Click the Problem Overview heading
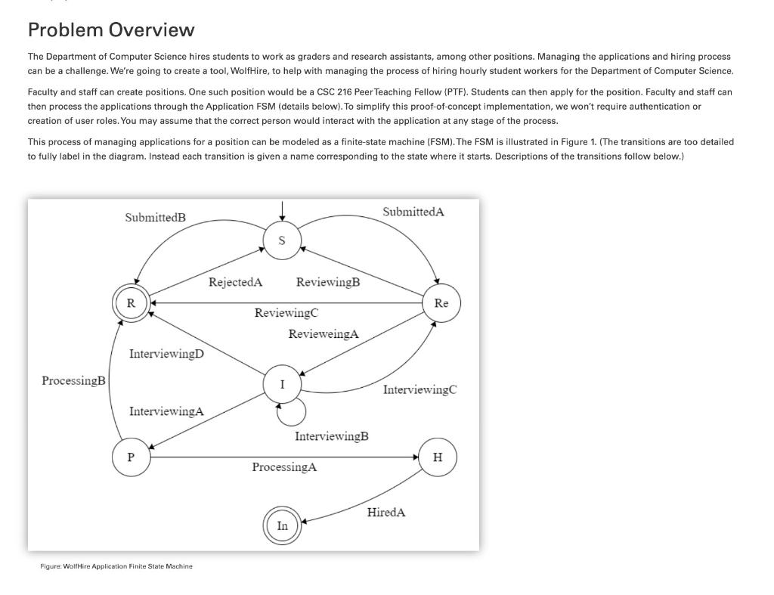(111, 30)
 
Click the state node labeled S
(282, 241)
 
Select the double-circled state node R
(131, 303)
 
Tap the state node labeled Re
(441, 303)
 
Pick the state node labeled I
(282, 384)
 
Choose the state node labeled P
(131, 457)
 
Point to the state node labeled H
(438, 457)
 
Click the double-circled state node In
(282, 526)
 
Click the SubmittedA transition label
(413, 212)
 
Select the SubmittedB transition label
(155, 218)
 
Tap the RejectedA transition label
(235, 283)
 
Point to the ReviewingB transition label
(328, 283)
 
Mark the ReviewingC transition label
(286, 313)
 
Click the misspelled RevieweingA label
(324, 333)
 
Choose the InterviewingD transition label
(166, 354)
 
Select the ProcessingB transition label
(73, 380)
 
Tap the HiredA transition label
(385, 513)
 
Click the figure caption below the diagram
(116, 566)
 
